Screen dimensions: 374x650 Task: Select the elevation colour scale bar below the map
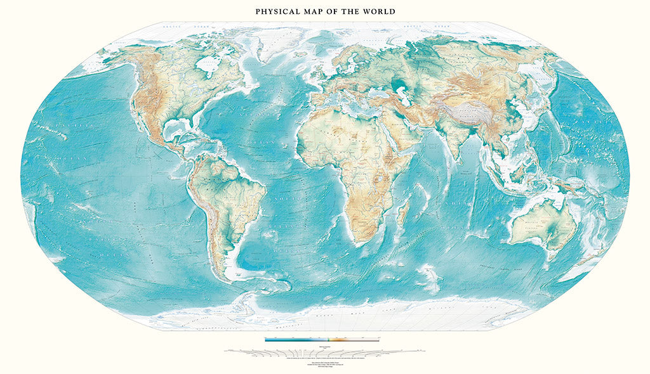point(322,339)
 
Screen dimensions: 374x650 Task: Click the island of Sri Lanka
point(463,158)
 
